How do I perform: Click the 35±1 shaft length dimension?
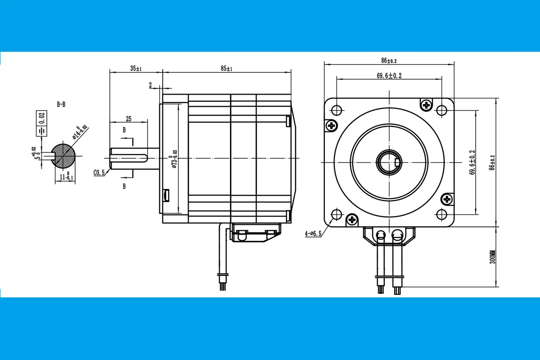coord(136,68)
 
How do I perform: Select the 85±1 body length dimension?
coord(226,68)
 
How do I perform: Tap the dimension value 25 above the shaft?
coord(128,119)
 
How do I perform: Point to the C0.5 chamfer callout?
coord(99,172)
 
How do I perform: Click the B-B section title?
coord(61,104)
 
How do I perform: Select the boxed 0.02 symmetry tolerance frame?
coord(42,118)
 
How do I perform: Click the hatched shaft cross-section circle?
coord(63,156)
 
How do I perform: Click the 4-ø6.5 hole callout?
coord(313,234)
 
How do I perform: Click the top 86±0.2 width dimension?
coord(389,60)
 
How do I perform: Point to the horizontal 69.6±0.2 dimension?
coord(389,76)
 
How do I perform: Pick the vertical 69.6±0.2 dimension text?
coord(472,162)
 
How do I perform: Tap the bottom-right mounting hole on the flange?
coord(442,215)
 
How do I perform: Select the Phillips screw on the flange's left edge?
coord(332,126)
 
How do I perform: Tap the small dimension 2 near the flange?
coord(150,84)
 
